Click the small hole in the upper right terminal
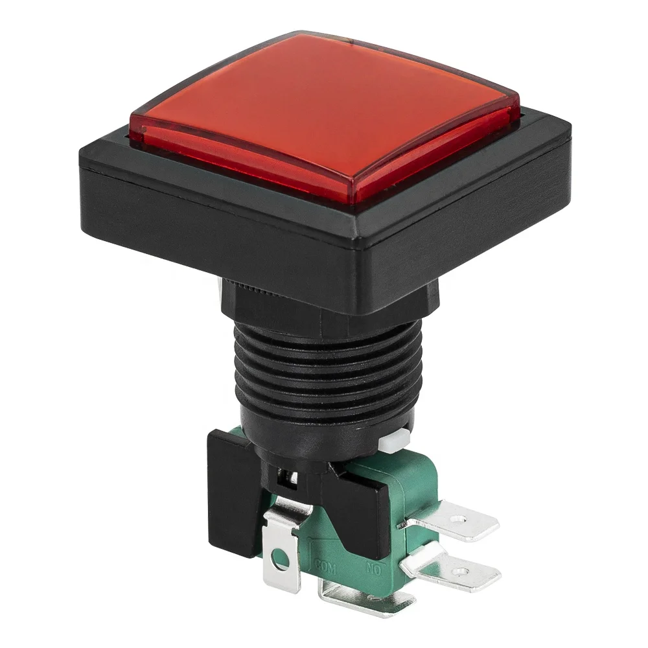coord(459,519)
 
